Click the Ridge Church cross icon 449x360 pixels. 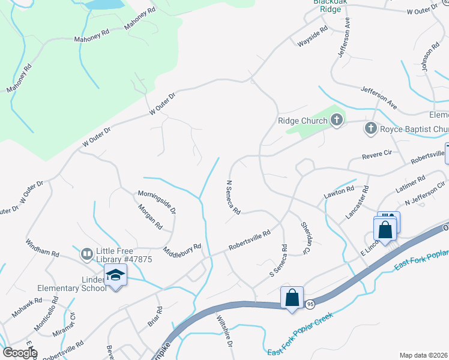pyautogui.click(x=336, y=120)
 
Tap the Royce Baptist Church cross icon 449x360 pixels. pyautogui.click(x=371, y=128)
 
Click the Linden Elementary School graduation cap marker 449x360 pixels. pyautogui.click(x=115, y=275)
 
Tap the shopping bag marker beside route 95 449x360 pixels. pyautogui.click(x=292, y=298)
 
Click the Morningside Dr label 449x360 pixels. pyautogui.click(x=157, y=202)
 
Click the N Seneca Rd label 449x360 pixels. pyautogui.click(x=233, y=197)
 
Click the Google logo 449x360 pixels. pyautogui.click(x=20, y=353)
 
